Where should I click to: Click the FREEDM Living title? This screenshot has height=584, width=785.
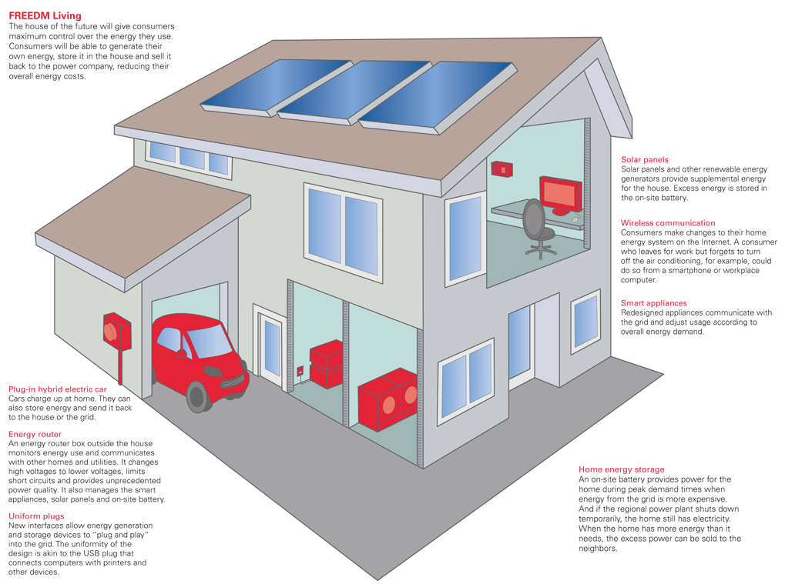coord(45,15)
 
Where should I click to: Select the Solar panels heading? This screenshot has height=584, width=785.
coord(645,160)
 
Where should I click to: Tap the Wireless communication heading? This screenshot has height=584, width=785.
coord(668,223)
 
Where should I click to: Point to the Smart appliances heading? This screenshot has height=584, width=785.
coord(654,303)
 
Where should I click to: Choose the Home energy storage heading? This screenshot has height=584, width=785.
coord(621,469)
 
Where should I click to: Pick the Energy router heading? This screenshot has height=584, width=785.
coord(35,434)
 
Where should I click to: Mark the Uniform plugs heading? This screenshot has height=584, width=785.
coord(37,516)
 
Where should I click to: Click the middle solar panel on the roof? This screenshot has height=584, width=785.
coord(354,88)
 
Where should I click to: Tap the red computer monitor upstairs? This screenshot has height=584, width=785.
coord(562,192)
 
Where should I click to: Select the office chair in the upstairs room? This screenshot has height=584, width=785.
coord(538,227)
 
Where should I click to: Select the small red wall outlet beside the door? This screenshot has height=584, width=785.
coord(300,371)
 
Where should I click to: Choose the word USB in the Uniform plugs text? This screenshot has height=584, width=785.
coord(99,553)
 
